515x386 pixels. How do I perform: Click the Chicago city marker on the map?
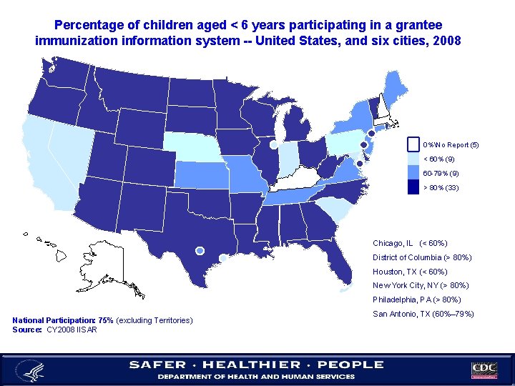point(274,144)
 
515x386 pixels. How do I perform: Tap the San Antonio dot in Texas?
point(200,250)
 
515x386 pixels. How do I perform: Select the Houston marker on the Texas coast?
point(223,258)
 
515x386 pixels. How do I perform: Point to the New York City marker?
point(371,134)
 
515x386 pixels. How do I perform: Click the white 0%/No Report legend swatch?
point(413,144)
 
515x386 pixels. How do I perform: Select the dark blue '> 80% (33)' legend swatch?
point(413,187)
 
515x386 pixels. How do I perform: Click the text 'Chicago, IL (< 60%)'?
point(410,243)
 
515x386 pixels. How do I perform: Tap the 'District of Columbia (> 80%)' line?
point(422,257)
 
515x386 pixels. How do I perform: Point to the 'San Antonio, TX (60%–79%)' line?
point(423,314)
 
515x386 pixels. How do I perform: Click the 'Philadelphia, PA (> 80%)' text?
point(416,300)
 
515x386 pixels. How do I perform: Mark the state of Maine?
point(391,90)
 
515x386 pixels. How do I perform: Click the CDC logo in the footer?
point(485,370)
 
